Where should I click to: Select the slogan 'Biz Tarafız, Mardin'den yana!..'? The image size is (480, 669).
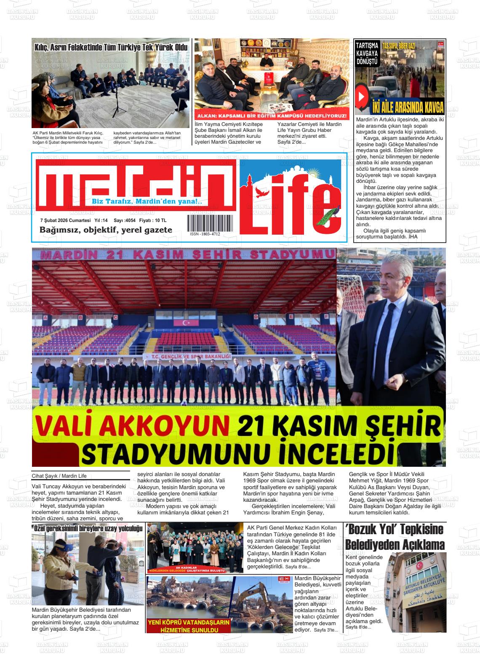click(147, 202)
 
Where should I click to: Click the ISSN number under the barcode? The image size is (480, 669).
click(205, 234)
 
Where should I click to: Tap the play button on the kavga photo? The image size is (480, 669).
click(361, 96)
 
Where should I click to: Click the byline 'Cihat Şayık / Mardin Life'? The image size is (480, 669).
click(59, 476)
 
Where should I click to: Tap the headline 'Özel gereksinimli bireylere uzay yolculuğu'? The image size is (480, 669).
click(88, 528)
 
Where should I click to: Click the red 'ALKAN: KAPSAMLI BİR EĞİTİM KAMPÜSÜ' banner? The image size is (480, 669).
click(272, 116)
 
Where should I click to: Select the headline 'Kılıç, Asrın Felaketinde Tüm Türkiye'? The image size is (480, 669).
click(111, 48)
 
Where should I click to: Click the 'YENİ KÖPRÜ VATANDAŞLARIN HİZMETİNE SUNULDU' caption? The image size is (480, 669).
click(189, 626)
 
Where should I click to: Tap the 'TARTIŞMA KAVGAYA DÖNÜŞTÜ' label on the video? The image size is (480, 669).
click(366, 53)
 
